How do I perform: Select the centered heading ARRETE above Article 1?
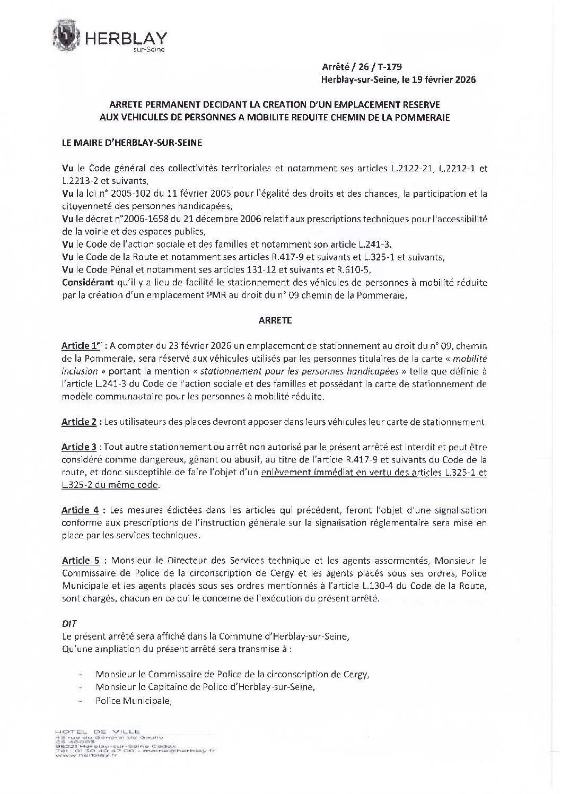pos(274,321)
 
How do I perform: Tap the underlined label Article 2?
pos(79,422)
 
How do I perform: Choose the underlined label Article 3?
pos(79,447)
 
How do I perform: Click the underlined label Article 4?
pos(80,510)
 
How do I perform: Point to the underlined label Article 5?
pos(80,561)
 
